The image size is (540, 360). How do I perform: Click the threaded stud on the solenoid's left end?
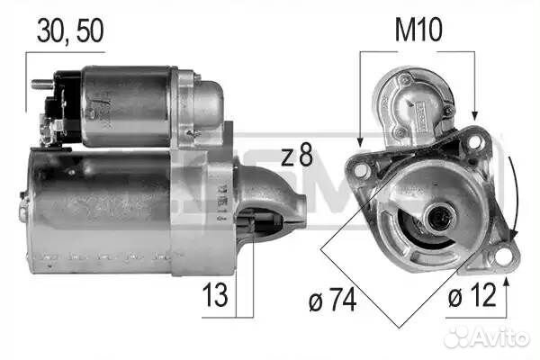40,85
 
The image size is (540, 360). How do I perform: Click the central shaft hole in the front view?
440,216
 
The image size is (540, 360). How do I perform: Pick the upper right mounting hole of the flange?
474,141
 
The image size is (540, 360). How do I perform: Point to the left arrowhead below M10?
359,142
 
